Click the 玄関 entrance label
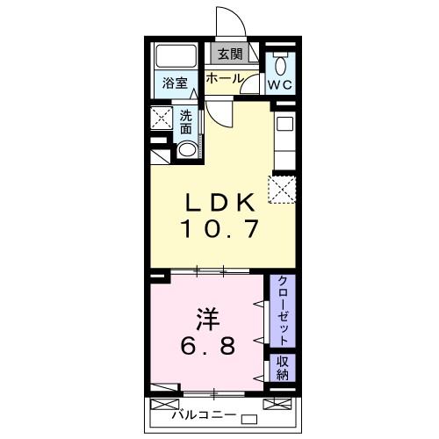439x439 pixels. pyautogui.click(x=230, y=54)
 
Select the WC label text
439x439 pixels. pyautogui.click(x=281, y=85)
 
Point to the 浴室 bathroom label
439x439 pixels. pyautogui.click(x=175, y=84)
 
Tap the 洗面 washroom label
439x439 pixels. pyautogui.click(x=186, y=121)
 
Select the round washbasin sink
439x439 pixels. pyautogui.click(x=186, y=149)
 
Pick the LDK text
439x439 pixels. pyautogui.click(x=220, y=201)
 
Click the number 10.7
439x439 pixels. pyautogui.click(x=220, y=230)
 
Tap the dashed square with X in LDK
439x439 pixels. pyautogui.click(x=283, y=189)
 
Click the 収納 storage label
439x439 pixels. pyautogui.click(x=284, y=368)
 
